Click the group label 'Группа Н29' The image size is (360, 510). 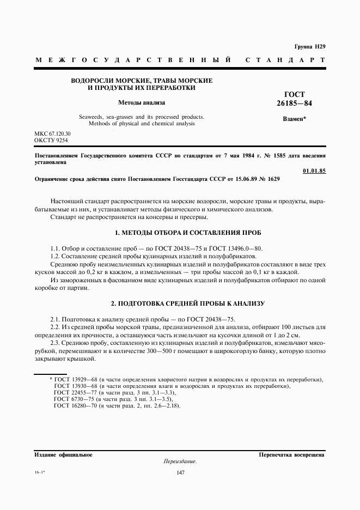point(309,47)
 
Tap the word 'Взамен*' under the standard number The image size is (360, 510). point(295,119)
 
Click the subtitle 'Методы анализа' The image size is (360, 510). point(142,102)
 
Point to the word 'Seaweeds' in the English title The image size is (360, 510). point(91,117)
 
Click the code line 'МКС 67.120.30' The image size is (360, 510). point(52,133)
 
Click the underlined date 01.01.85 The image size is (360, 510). point(314,171)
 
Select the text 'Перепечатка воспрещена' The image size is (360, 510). point(292,454)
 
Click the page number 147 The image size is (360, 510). point(180,472)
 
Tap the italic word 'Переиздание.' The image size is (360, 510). point(180,461)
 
